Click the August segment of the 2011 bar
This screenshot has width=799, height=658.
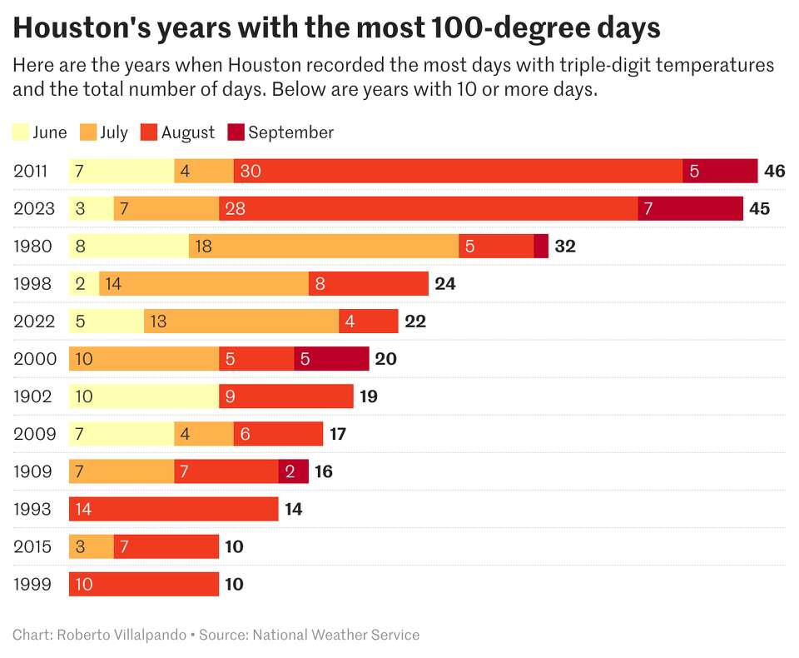(x=458, y=171)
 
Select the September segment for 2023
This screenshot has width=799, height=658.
(x=690, y=208)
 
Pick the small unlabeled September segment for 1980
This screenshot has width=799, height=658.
(x=541, y=246)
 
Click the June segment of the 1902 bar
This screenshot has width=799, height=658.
(x=143, y=396)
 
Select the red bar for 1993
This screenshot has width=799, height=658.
(x=173, y=509)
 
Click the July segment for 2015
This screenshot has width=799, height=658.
(x=91, y=546)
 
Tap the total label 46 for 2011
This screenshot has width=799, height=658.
(x=774, y=171)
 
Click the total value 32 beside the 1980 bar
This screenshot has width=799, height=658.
(x=565, y=246)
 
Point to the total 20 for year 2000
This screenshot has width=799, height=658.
(x=385, y=358)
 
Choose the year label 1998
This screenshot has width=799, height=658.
(x=32, y=283)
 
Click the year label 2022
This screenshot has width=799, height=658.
(x=33, y=321)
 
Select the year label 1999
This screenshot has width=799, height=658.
(x=32, y=584)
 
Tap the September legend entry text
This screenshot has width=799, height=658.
(x=290, y=132)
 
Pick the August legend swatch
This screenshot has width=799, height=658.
(x=148, y=132)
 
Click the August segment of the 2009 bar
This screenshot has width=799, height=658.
(x=278, y=433)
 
